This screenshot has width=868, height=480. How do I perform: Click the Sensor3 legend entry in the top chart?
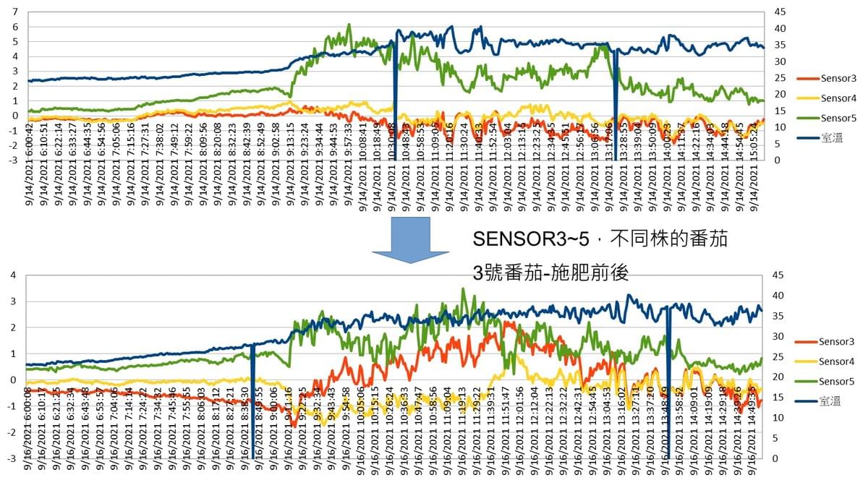click(x=832, y=78)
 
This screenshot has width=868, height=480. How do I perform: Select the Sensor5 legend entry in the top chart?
click(x=832, y=118)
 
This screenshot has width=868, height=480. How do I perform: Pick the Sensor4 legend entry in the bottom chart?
click(x=832, y=361)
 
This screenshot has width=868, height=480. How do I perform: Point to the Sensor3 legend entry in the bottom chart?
click(x=832, y=341)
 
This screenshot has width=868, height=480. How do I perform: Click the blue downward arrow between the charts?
click(x=409, y=238)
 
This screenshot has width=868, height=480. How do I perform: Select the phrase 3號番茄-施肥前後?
click(x=550, y=273)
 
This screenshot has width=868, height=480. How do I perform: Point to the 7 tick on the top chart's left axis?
click(x=15, y=12)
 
